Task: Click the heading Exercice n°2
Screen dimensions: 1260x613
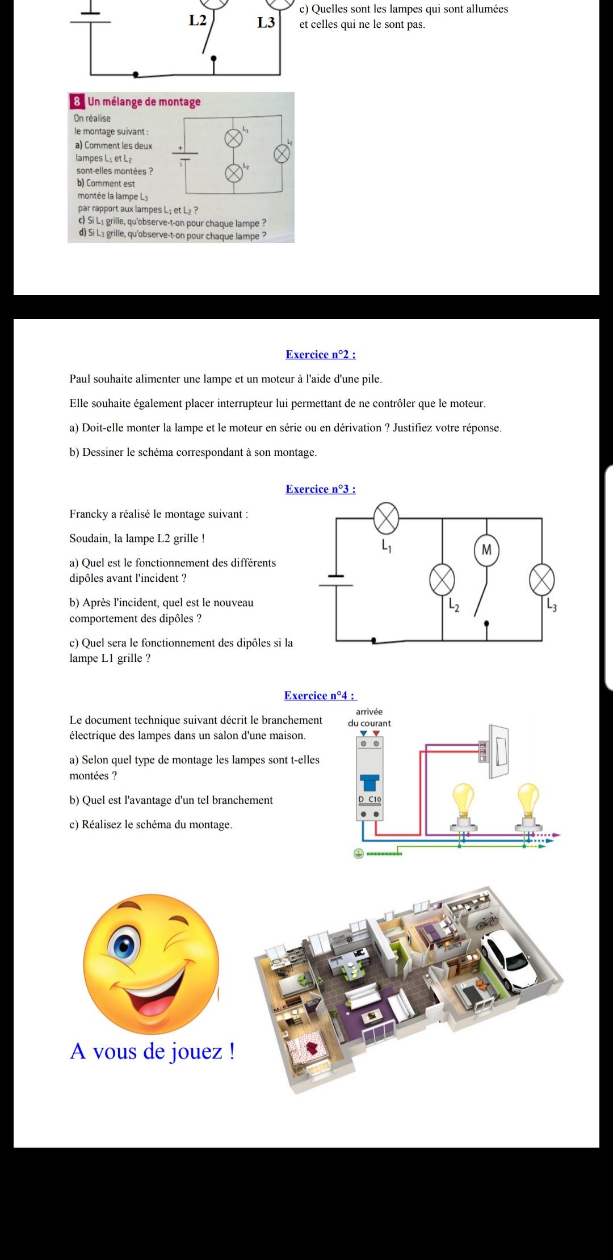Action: (x=321, y=355)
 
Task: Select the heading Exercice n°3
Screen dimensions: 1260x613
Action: (x=321, y=489)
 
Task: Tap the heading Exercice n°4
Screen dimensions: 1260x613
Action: (x=320, y=696)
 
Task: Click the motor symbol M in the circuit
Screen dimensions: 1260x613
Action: (x=486, y=549)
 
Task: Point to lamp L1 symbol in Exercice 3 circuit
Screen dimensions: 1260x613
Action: (x=386, y=518)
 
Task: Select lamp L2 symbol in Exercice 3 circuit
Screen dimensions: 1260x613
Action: (x=442, y=580)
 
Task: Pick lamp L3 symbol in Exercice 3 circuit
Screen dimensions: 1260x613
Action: (x=541, y=580)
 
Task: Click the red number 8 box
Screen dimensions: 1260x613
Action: (x=77, y=102)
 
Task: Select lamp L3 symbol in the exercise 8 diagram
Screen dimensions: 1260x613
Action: (x=282, y=153)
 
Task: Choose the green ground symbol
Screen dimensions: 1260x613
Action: (x=358, y=853)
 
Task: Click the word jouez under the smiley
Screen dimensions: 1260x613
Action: (x=198, y=1052)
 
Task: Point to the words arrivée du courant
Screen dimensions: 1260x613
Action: (x=370, y=717)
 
